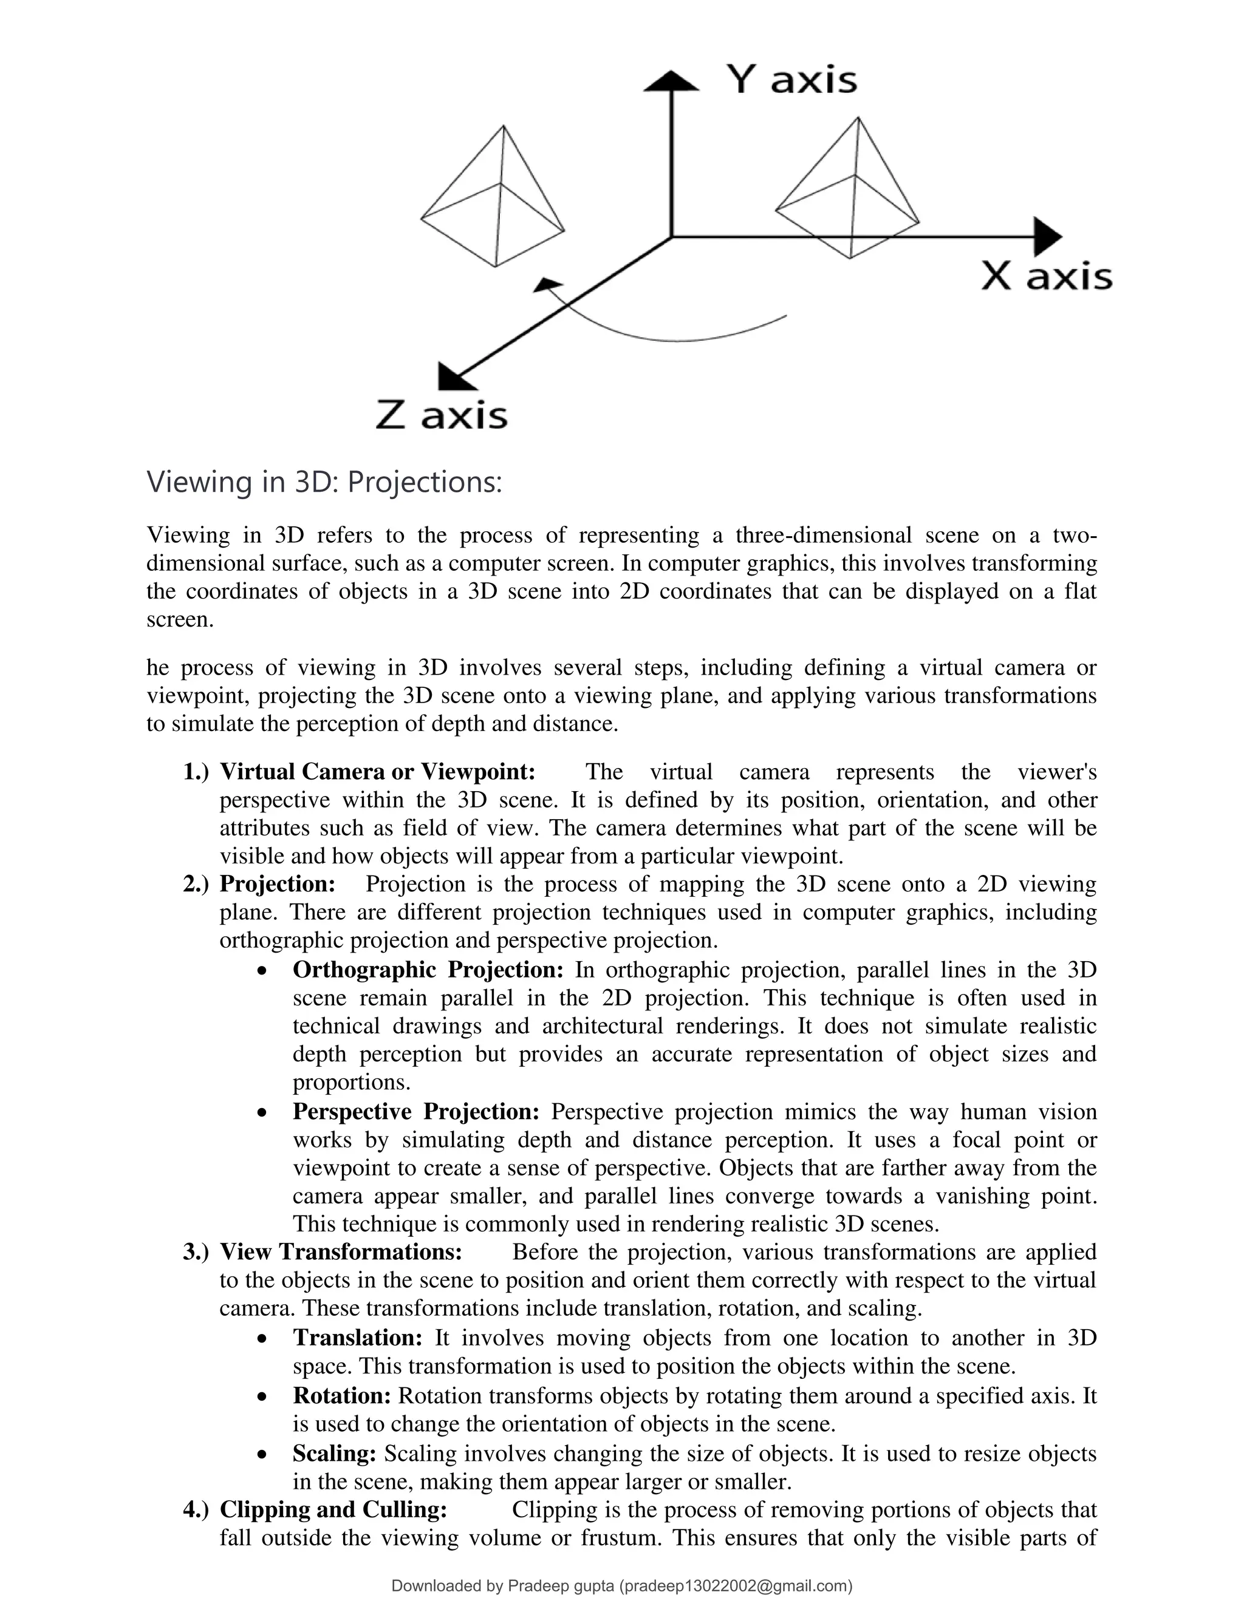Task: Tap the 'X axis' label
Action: [x=1047, y=277]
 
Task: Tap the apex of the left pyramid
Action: [x=504, y=127]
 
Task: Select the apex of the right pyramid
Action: [x=858, y=118]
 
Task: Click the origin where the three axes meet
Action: [x=671, y=236]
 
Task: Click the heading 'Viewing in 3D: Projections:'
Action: [x=324, y=483]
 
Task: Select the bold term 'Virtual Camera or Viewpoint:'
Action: [x=377, y=772]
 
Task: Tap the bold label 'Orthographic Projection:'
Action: [x=428, y=970]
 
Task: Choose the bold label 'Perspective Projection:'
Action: [x=415, y=1112]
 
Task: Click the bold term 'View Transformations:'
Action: [x=341, y=1253]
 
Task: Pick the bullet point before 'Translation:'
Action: [x=262, y=1339]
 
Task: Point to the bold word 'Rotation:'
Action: [x=341, y=1395]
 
